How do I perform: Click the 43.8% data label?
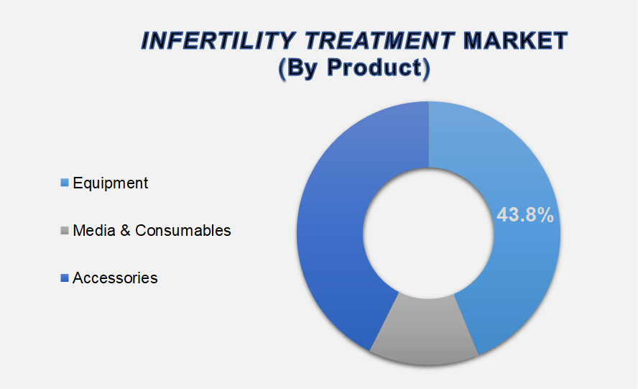point(525,214)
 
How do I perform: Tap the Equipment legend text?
point(110,183)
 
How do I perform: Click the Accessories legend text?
point(115,278)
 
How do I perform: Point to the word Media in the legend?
point(93,230)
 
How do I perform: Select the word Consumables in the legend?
point(183,230)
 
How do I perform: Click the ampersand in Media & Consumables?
point(124,230)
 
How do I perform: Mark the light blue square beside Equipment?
point(65,183)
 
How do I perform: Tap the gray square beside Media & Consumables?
point(65,230)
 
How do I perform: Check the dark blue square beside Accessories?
point(65,278)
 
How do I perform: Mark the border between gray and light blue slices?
point(466,324)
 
